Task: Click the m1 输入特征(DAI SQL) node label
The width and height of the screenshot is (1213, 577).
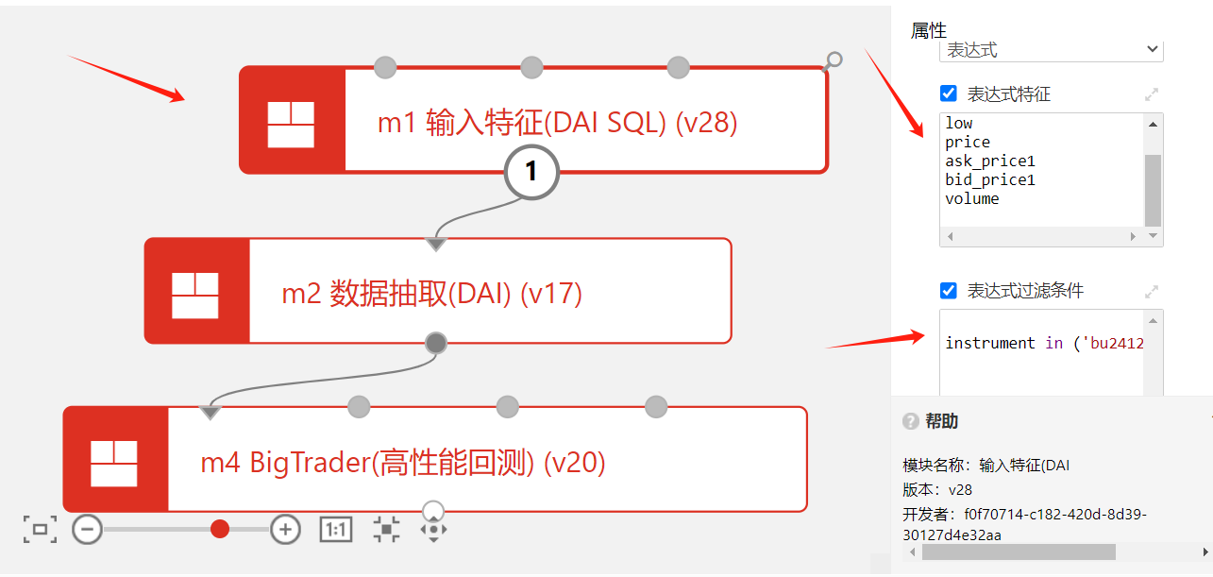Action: (x=557, y=123)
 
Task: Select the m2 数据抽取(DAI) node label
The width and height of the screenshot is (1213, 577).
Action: (x=431, y=294)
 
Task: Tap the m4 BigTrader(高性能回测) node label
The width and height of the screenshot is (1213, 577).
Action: (x=402, y=463)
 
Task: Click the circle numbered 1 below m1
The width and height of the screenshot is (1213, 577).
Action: (x=531, y=171)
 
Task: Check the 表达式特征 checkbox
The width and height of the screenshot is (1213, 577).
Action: (x=949, y=93)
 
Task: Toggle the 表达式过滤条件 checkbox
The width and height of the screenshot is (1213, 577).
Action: (x=949, y=291)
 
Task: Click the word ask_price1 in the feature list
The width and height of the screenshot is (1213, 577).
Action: (x=990, y=161)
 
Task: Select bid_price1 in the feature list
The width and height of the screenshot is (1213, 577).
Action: (x=990, y=179)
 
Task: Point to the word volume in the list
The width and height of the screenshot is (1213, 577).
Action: (x=971, y=198)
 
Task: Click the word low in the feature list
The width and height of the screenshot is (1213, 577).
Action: (x=958, y=124)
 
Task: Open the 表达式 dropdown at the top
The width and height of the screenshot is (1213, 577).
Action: (x=1051, y=49)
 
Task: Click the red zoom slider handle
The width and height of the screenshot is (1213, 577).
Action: (x=220, y=529)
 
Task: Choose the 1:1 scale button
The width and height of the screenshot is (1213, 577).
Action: (x=336, y=530)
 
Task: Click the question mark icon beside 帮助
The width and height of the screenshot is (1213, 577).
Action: (x=911, y=421)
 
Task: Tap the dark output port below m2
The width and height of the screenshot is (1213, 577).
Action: (x=435, y=343)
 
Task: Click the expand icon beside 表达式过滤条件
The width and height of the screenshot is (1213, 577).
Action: (x=1152, y=292)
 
